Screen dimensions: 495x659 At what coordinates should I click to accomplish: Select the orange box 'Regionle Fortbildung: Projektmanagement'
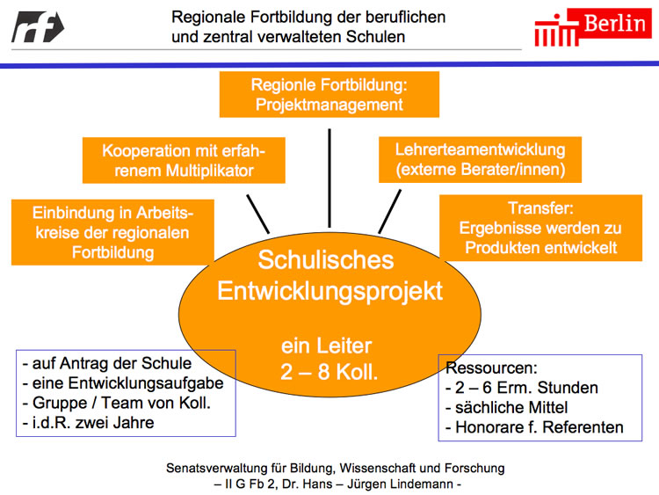(329, 95)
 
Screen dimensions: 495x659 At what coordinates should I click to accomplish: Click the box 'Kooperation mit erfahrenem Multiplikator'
(184, 160)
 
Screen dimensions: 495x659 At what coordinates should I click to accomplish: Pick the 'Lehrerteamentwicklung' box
(480, 159)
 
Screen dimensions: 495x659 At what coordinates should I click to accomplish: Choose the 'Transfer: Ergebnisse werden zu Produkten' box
(540, 229)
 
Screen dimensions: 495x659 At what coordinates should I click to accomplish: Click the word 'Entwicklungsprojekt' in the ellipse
(329, 291)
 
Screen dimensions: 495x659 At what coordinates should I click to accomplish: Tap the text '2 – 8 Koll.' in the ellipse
(329, 371)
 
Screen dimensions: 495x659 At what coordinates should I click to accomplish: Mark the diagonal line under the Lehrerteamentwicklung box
(389, 212)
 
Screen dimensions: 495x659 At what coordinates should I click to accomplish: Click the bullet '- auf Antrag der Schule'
(106, 363)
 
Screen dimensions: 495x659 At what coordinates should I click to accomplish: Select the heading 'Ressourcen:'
(491, 368)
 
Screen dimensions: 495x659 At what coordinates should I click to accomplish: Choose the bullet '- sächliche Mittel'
(507, 408)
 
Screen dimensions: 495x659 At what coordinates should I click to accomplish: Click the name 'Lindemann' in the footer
(424, 484)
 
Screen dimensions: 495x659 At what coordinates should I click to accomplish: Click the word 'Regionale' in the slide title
(207, 17)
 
